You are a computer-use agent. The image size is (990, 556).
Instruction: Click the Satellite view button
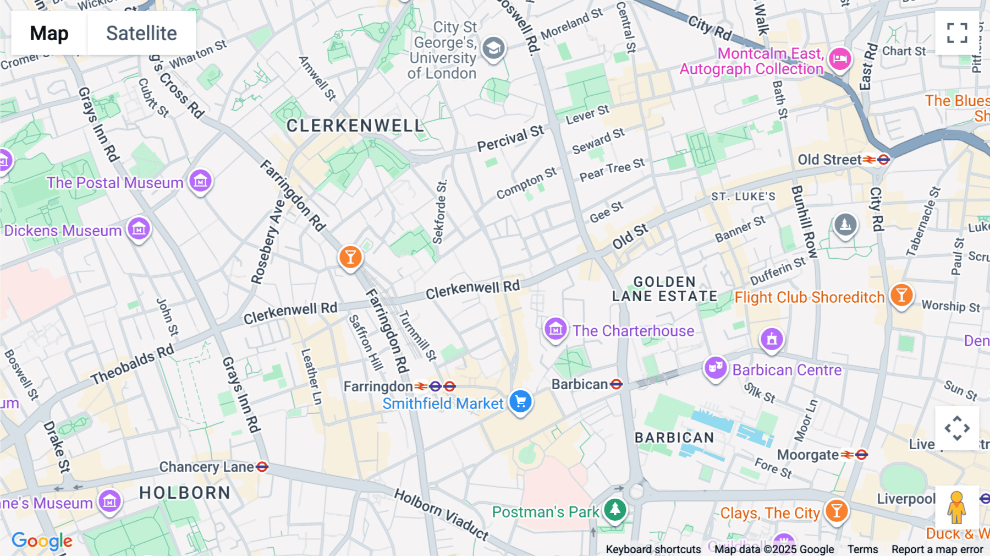(x=141, y=34)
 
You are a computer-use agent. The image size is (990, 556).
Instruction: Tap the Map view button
(x=50, y=34)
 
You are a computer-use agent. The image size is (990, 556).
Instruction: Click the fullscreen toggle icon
(x=957, y=33)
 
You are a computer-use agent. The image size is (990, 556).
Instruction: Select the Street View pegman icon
(x=956, y=507)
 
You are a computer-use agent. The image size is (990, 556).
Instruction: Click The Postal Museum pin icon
(x=200, y=181)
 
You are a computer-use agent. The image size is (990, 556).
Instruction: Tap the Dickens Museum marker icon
(x=139, y=228)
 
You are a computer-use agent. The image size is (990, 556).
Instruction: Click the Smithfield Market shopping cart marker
(x=520, y=401)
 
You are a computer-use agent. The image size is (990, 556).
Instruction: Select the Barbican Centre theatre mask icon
(x=715, y=367)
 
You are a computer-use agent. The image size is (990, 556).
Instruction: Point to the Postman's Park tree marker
(x=615, y=509)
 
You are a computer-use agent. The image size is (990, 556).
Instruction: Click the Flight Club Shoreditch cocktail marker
(x=901, y=295)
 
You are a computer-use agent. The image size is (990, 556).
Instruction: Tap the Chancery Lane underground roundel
(x=262, y=467)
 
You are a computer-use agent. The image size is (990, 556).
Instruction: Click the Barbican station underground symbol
(x=617, y=384)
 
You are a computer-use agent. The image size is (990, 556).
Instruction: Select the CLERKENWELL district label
(x=355, y=126)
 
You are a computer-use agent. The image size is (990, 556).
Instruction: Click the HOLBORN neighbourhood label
(x=185, y=493)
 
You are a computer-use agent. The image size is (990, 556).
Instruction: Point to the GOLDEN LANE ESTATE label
(x=664, y=289)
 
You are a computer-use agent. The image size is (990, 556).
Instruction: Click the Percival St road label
(x=510, y=138)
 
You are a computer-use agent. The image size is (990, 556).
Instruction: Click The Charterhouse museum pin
(x=555, y=329)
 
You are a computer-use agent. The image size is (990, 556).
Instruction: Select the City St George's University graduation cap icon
(x=493, y=48)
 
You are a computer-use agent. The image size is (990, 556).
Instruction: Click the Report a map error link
(x=937, y=549)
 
